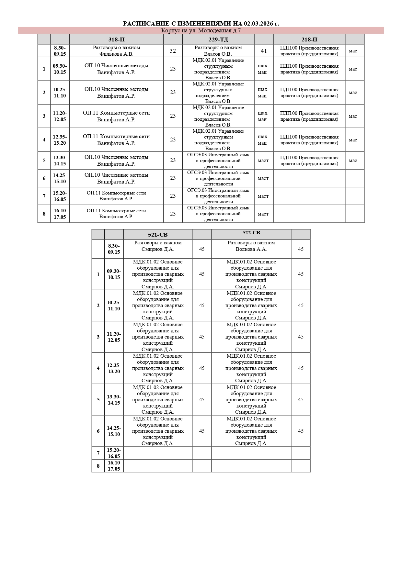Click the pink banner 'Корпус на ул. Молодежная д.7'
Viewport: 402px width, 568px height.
pyautogui.click(x=201, y=31)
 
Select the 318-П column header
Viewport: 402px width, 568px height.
pyautogui.click(x=116, y=39)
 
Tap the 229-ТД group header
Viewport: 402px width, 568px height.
pyautogui.click(x=218, y=39)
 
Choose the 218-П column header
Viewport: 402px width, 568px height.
pyautogui.click(x=309, y=39)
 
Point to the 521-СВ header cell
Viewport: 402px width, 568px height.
pyautogui.click(x=158, y=235)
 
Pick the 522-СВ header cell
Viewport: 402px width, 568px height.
pyautogui.click(x=251, y=233)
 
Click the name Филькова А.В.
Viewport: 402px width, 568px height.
pyautogui.click(x=116, y=54)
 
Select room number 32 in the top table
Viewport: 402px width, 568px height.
pyautogui.click(x=173, y=51)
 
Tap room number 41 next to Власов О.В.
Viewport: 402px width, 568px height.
pyautogui.click(x=264, y=51)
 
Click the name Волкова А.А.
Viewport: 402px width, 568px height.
pyautogui.click(x=251, y=249)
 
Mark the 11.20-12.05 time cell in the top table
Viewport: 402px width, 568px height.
pyautogui.click(x=60, y=116)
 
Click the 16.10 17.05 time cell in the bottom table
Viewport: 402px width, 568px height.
pyautogui.click(x=114, y=466)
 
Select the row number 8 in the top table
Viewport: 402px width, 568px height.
pyautogui.click(x=44, y=214)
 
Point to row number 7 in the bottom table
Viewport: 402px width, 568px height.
pyautogui.click(x=98, y=453)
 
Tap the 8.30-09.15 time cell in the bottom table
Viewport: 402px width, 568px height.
pyautogui.click(x=114, y=249)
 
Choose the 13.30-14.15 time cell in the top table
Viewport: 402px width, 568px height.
pyautogui.click(x=60, y=161)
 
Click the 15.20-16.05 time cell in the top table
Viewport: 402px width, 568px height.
pyautogui.click(x=60, y=196)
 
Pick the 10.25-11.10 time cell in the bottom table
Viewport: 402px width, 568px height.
pyautogui.click(x=114, y=306)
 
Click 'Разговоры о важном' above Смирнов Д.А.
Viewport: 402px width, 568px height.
pyautogui.click(x=158, y=243)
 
